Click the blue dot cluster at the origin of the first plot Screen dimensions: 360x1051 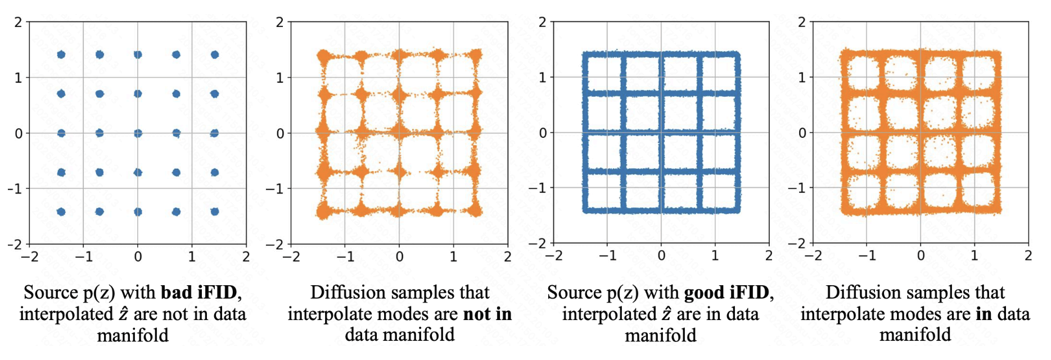pos(138,133)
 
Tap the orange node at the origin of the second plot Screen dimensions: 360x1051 pos(399,133)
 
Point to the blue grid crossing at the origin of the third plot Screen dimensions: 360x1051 pos(661,133)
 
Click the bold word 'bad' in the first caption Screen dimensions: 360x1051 pos(176,292)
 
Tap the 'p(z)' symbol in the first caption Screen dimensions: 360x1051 pos(100,293)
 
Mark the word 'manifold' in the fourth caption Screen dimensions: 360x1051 pos(915,335)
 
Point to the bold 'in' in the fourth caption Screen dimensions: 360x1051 pos(984,314)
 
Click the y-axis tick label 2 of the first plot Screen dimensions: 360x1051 pos(19,22)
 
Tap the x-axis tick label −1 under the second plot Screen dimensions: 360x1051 pos(345,257)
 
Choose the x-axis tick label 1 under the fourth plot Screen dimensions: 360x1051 pos(975,256)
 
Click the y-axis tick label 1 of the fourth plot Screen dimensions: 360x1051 pos(802,77)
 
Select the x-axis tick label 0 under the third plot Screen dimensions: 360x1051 pos(661,256)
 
